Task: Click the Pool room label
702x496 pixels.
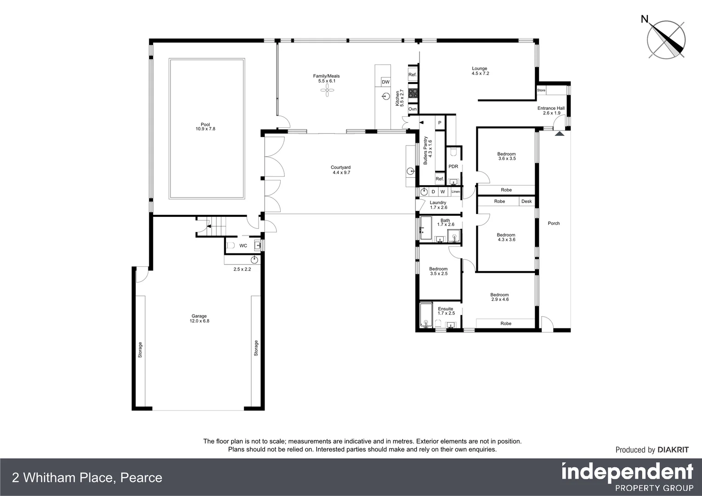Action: click(x=205, y=127)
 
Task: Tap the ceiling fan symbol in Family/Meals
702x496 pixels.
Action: click(x=327, y=91)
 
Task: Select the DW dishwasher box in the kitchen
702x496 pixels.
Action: click(x=385, y=82)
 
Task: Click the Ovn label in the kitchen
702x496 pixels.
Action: click(x=412, y=109)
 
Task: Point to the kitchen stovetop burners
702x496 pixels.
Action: click(x=413, y=93)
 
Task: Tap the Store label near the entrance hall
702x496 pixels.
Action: click(x=541, y=90)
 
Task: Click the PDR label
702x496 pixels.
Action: click(x=453, y=167)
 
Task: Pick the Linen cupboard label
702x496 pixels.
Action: click(x=455, y=192)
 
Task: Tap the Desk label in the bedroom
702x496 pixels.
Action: click(x=526, y=202)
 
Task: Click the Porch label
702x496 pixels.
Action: click(x=554, y=224)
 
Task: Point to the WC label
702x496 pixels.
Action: click(x=243, y=246)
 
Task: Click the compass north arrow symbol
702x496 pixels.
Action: click(x=666, y=39)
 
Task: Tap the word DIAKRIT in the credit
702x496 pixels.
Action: click(x=673, y=450)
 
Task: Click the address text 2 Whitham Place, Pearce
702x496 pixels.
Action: click(x=87, y=478)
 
